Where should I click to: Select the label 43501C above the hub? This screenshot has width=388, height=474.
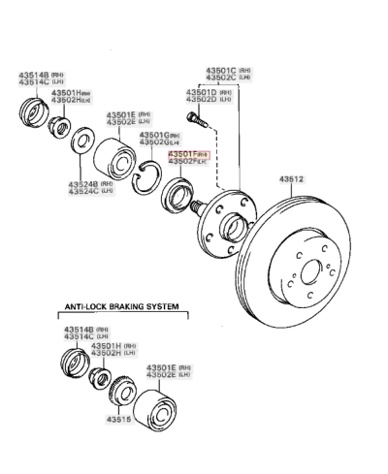click(220, 71)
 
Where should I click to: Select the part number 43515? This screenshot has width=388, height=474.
click(116, 420)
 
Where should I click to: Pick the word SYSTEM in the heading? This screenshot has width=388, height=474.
click(162, 306)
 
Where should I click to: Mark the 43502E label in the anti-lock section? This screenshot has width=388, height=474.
click(162, 375)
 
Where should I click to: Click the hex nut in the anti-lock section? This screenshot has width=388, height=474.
click(97, 377)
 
